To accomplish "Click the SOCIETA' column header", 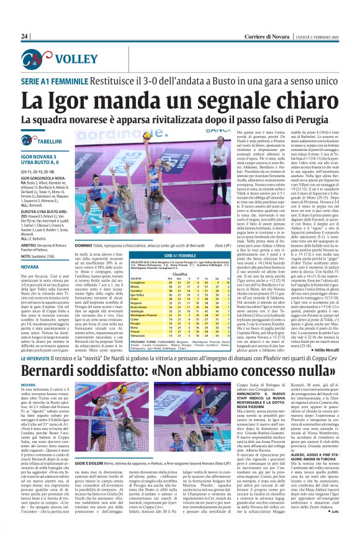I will pos(135,278).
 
